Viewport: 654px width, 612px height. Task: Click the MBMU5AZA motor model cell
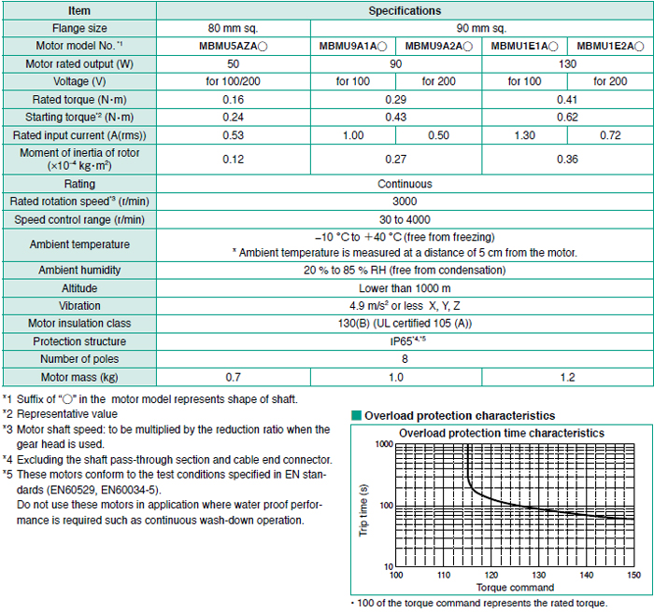234,46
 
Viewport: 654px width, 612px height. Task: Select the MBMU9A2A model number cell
439,46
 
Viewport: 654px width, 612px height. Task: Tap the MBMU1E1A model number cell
524,46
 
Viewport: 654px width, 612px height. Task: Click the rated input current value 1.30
524,135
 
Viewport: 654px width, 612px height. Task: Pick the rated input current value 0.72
610,135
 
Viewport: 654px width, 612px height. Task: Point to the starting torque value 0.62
567,117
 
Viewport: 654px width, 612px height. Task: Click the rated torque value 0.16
234,100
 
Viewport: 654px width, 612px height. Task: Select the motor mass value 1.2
567,378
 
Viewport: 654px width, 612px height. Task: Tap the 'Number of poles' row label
79,359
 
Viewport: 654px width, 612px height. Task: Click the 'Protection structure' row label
79,341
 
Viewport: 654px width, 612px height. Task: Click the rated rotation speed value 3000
405,202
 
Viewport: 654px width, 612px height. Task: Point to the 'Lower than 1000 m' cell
405,288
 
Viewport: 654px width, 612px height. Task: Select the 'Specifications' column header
405,11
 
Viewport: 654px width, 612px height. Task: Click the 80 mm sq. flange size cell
234,28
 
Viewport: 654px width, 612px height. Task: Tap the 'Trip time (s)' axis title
363,510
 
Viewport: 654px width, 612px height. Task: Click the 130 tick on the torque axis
539,576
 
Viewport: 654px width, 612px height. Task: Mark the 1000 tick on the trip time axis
384,444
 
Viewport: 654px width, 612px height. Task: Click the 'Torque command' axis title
515,588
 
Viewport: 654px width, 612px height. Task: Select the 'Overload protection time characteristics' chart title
502,433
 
